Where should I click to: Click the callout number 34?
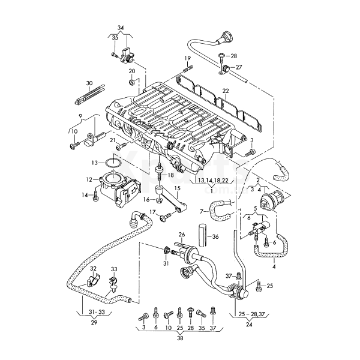120,28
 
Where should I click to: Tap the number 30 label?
89,83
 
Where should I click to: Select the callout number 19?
187,58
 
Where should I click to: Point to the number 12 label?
88,179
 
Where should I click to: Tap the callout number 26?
181,234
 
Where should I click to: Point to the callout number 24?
248,323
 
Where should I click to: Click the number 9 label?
79,115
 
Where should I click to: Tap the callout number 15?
177,188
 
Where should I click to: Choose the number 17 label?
153,212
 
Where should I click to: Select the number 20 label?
132,71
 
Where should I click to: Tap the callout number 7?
202,211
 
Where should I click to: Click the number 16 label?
146,199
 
